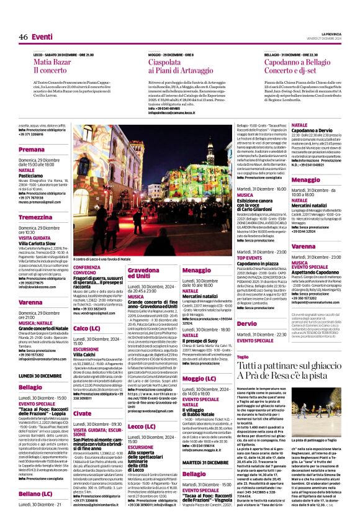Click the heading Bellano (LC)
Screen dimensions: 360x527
point(35,493)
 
